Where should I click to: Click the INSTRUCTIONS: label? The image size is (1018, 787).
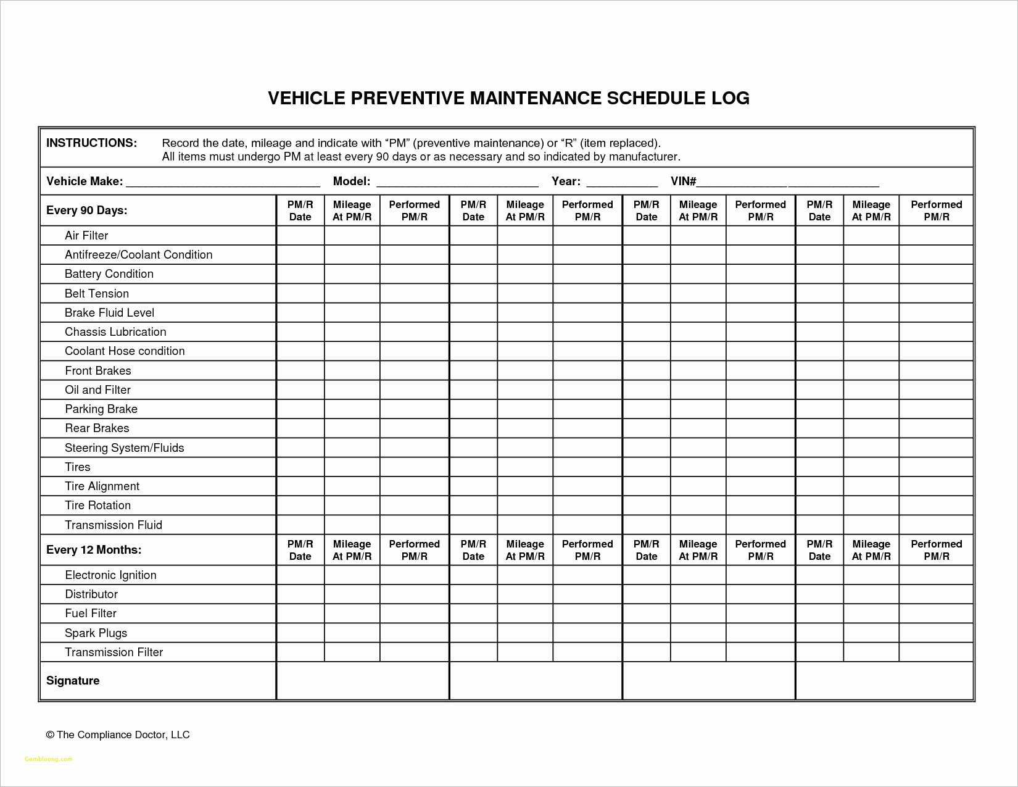(x=91, y=143)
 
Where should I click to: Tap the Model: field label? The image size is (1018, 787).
(x=351, y=181)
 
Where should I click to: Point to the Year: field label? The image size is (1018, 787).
(x=565, y=181)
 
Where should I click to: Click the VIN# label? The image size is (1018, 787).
(x=683, y=181)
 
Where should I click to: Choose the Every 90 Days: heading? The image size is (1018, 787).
(x=86, y=210)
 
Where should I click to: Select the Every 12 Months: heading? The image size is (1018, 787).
(x=93, y=549)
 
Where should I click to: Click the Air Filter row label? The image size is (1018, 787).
(x=86, y=235)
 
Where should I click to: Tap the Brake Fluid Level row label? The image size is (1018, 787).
(x=109, y=312)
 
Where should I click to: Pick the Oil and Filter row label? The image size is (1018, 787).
(x=97, y=389)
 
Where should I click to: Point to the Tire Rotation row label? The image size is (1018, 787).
(x=97, y=505)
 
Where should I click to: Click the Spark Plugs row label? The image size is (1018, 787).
(x=96, y=633)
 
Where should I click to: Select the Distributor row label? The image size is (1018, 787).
(x=91, y=594)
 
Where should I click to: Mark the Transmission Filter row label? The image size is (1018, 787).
(x=114, y=652)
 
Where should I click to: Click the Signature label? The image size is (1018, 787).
(x=73, y=680)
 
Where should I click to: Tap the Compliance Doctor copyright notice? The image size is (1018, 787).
(x=117, y=735)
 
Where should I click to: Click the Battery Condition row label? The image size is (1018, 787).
(x=109, y=273)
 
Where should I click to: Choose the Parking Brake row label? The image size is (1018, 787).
(x=101, y=409)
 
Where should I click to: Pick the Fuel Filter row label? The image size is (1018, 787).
(x=91, y=613)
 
